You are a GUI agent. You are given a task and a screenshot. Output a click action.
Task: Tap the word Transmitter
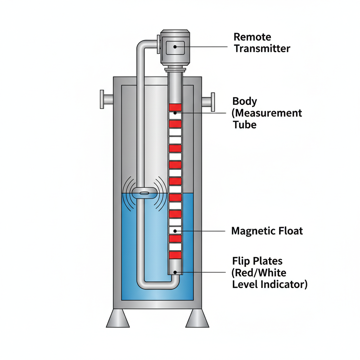(262, 48)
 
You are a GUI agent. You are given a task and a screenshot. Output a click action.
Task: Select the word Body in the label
(245, 102)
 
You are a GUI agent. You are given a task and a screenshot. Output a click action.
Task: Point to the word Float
(290, 231)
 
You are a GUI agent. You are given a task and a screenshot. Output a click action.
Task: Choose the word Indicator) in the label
(285, 284)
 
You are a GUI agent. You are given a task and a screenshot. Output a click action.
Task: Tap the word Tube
(245, 124)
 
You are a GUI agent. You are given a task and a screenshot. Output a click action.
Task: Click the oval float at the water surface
(144, 193)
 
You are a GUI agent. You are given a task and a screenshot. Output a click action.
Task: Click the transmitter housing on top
(175, 47)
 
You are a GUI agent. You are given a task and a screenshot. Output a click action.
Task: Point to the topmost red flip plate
(175, 107)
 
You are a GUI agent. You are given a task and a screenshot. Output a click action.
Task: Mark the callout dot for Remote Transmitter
(175, 46)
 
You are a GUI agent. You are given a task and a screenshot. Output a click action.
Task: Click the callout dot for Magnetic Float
(175, 231)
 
